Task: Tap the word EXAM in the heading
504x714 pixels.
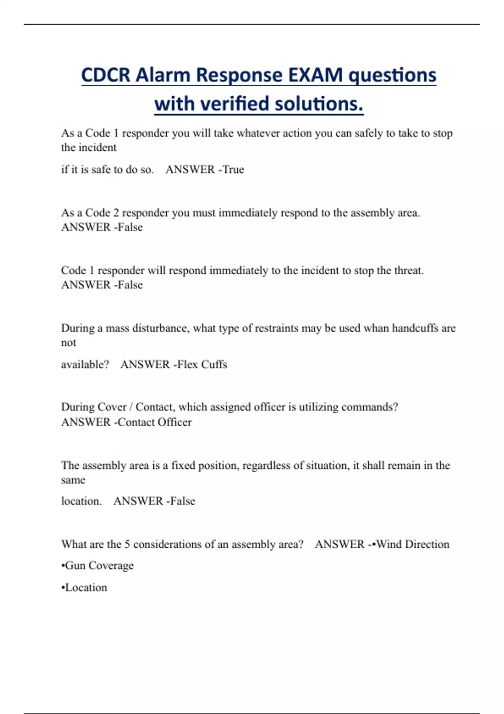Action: pos(315,76)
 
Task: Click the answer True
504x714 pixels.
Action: pos(233,170)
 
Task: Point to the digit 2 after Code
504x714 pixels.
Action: pos(116,213)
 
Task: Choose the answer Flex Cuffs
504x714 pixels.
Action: pos(202,365)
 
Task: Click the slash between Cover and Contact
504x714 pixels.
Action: pos(131,407)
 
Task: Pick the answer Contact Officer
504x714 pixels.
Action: pos(155,422)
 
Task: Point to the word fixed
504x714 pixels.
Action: pos(183,466)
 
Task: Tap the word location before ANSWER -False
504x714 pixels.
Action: pos(81,501)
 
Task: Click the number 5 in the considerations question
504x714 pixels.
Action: pos(127,545)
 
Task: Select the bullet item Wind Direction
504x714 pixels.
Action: pos(412,545)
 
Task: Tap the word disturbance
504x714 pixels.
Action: pos(160,328)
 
